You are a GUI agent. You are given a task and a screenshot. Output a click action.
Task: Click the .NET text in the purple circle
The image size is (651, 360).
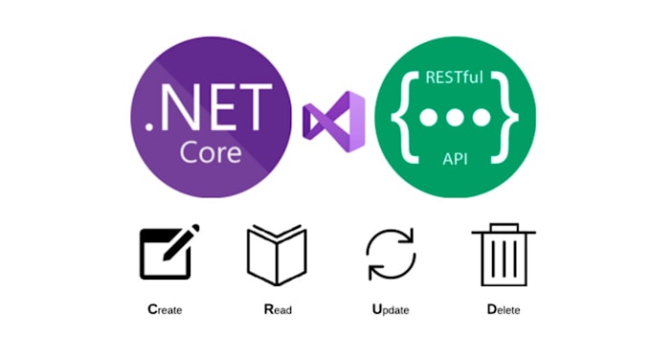[x=208, y=114]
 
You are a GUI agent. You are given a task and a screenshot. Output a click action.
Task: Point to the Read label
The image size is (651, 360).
[x=278, y=309]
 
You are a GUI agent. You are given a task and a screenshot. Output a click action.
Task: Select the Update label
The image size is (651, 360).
[x=391, y=309]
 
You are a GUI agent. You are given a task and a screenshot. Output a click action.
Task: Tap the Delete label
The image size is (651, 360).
[x=503, y=309]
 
